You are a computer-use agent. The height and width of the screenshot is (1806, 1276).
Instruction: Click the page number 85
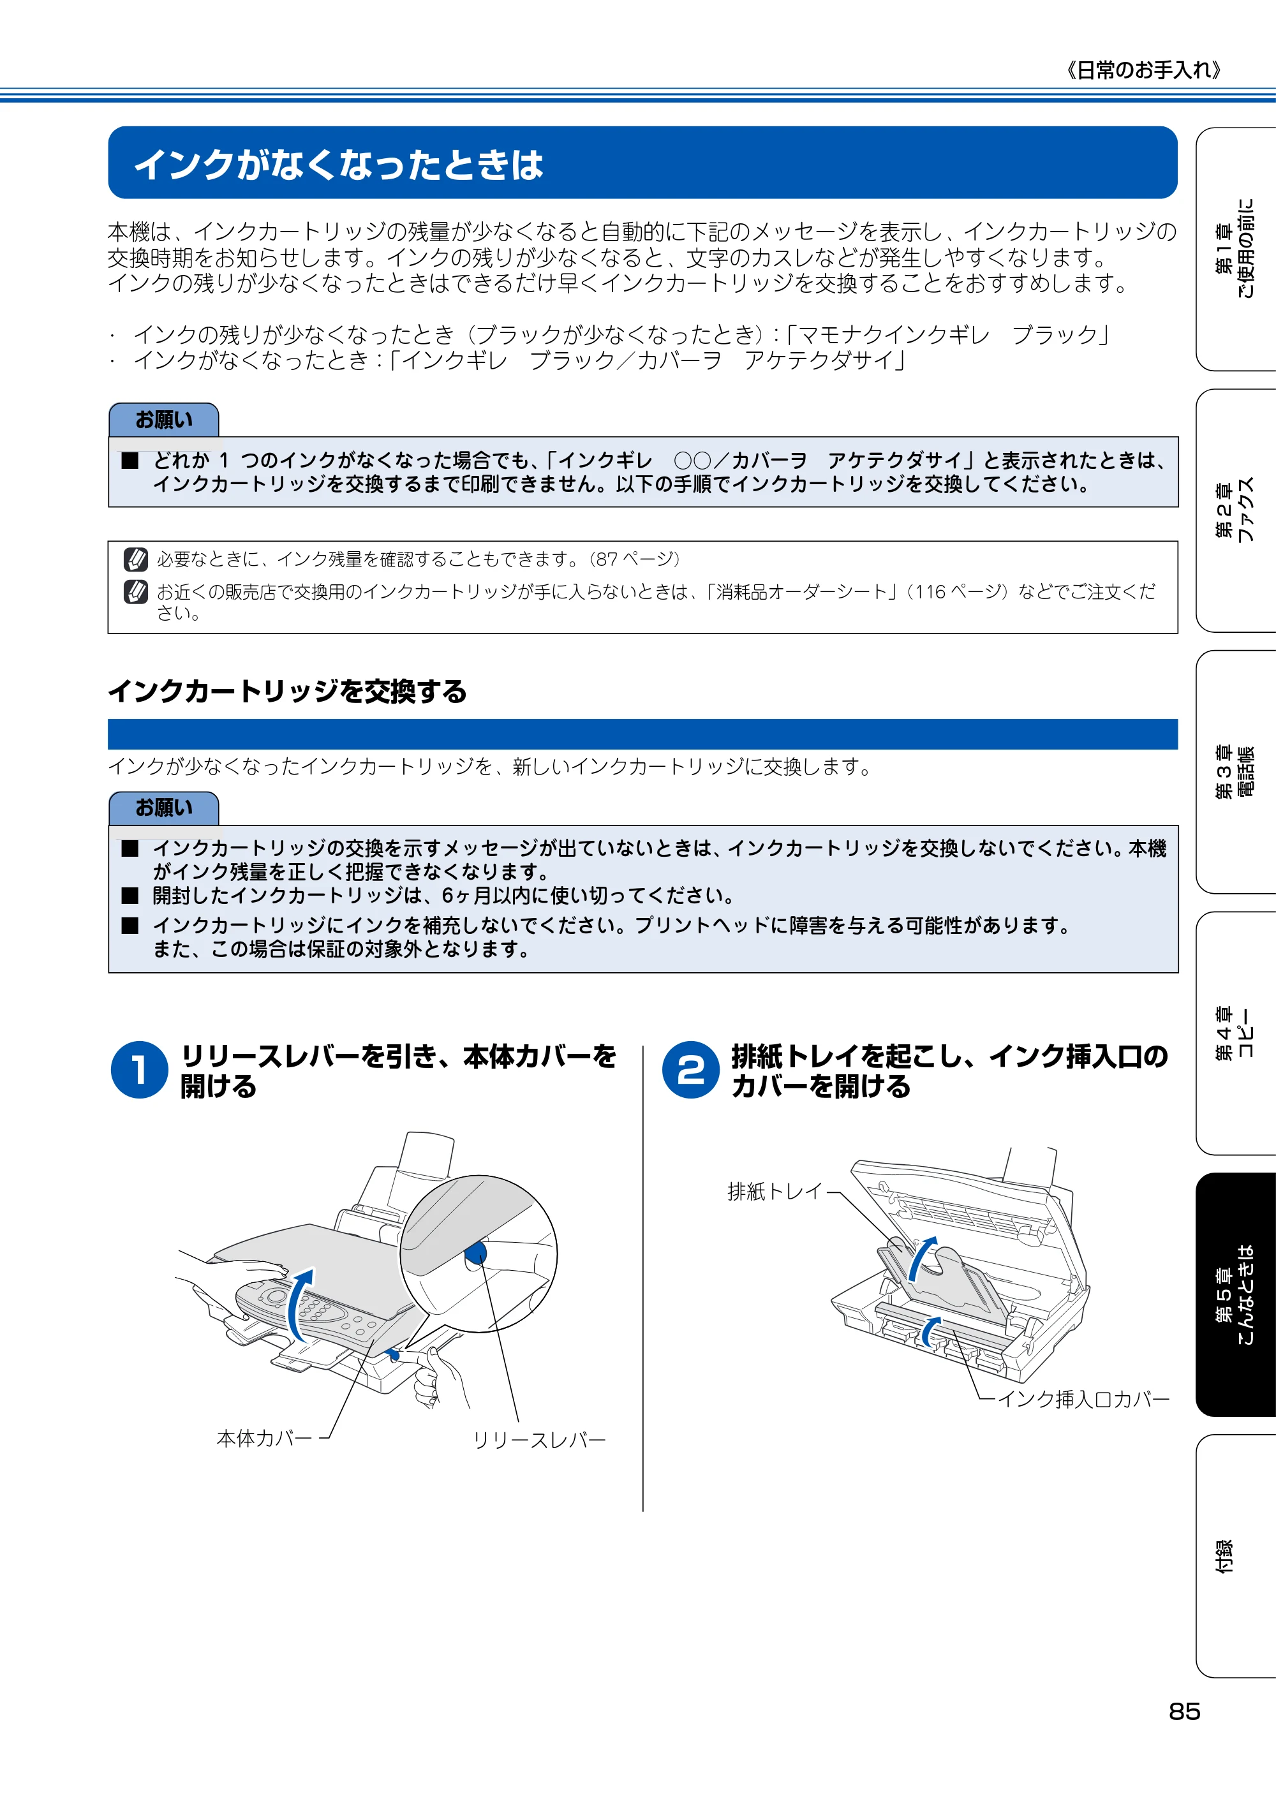click(x=1184, y=1711)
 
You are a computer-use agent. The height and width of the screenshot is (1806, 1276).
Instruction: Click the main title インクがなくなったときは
click(x=338, y=165)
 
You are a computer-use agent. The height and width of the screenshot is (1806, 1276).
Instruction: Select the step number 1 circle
click(x=139, y=1070)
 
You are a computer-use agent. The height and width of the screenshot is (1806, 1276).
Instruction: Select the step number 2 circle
click(x=691, y=1070)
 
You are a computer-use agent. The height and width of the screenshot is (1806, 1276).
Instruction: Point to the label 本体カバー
click(x=264, y=1438)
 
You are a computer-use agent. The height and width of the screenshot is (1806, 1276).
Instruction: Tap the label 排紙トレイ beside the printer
click(x=775, y=1192)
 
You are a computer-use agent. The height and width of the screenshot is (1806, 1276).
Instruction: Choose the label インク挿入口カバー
click(x=1084, y=1398)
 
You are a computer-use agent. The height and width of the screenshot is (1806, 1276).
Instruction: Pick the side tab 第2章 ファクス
click(x=1236, y=510)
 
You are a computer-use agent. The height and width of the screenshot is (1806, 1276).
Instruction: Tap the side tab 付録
click(x=1236, y=1556)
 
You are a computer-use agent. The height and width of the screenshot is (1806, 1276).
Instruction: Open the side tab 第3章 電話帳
click(x=1236, y=772)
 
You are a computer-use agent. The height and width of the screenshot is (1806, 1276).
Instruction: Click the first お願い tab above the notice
click(x=163, y=420)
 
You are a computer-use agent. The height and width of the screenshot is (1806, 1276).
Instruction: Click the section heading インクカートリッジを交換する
click(x=287, y=692)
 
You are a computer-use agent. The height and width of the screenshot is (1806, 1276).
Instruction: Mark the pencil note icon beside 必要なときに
click(x=136, y=559)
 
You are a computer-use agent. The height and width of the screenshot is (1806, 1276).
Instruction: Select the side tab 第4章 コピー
click(x=1236, y=1033)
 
